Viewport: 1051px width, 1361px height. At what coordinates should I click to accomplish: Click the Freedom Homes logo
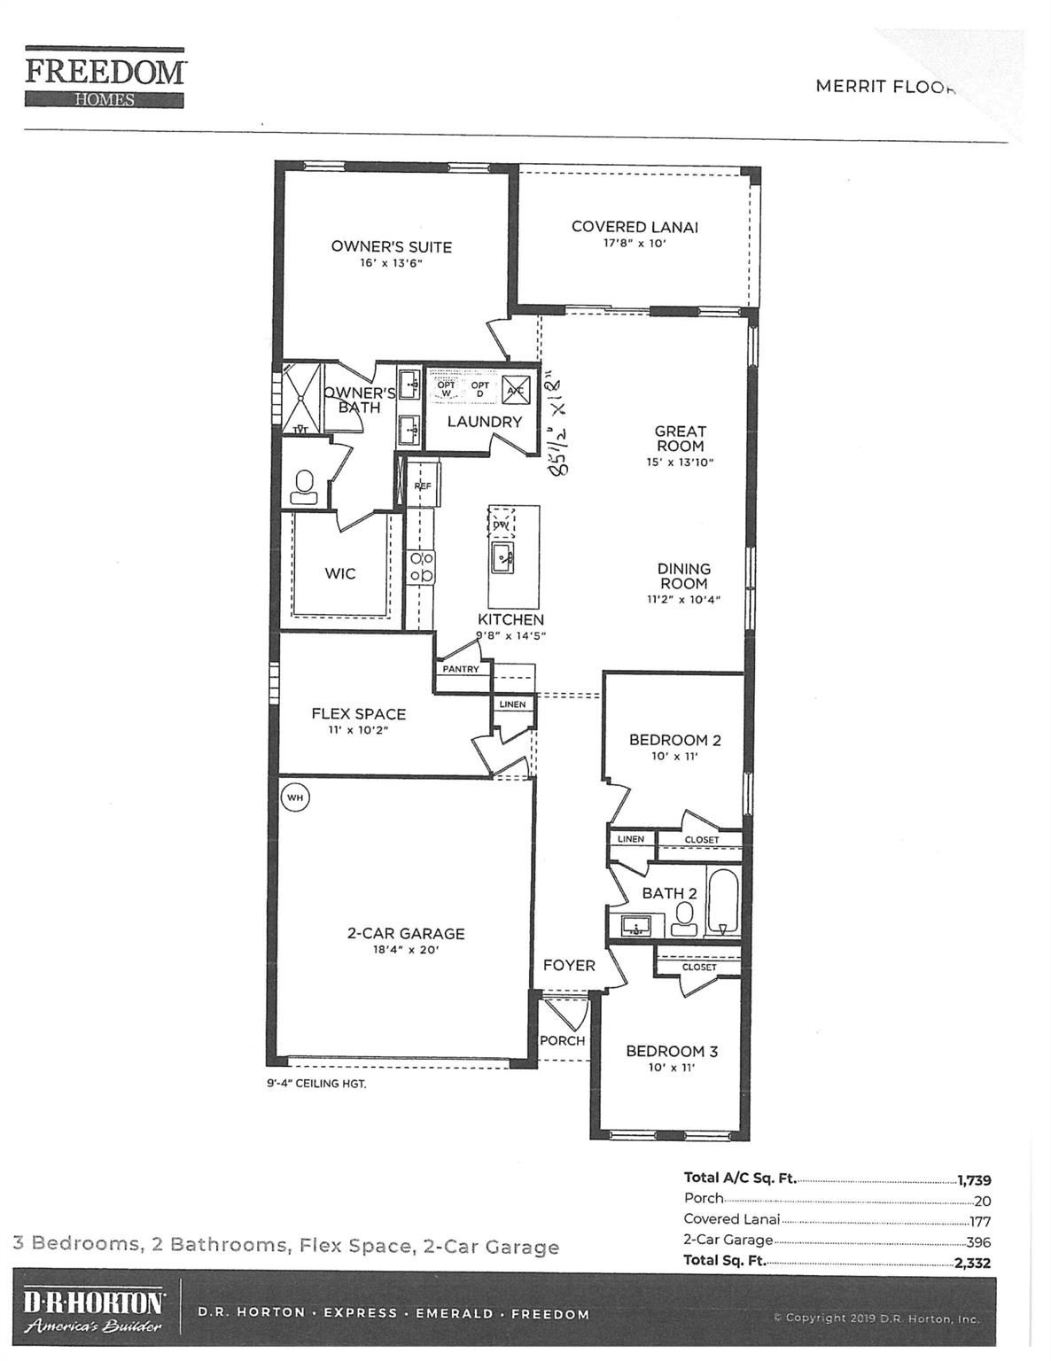(x=105, y=79)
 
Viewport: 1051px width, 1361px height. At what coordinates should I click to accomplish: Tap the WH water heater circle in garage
(x=295, y=797)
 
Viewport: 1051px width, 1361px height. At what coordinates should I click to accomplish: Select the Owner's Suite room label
(x=391, y=247)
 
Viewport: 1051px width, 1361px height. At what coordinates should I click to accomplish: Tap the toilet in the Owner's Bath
(x=305, y=486)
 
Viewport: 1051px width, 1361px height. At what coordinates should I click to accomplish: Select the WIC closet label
(x=339, y=573)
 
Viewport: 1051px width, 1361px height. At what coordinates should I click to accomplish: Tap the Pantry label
(x=461, y=669)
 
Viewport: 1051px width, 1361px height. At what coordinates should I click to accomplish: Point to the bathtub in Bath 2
(x=722, y=903)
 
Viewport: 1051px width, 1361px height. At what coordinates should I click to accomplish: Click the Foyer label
(x=569, y=965)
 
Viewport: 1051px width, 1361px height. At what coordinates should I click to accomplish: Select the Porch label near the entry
(x=562, y=1040)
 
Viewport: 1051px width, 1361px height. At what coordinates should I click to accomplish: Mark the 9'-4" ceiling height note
(x=316, y=1084)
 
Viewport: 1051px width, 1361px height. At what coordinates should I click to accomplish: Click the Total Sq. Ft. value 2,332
(x=972, y=1264)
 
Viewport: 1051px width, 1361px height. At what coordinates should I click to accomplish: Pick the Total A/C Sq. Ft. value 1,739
(x=974, y=1180)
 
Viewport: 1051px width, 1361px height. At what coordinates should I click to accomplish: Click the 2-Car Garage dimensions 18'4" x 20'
(x=406, y=950)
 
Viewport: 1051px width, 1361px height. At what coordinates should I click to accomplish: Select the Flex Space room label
(x=358, y=713)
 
